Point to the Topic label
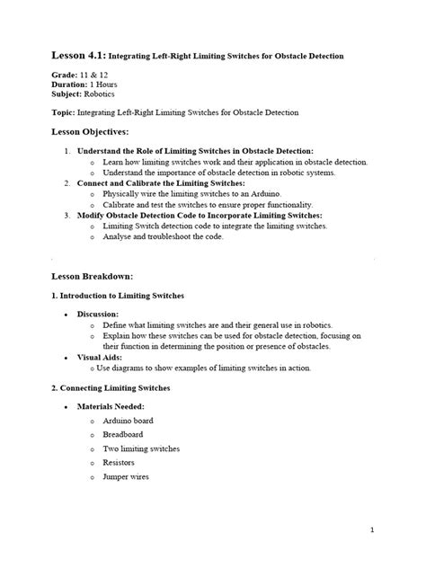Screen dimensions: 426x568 [x=64, y=112]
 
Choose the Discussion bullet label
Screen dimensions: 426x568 [x=101, y=314]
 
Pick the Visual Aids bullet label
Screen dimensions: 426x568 [x=102, y=358]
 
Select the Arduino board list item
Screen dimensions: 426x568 [x=129, y=420]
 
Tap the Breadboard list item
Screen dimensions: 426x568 [x=124, y=434]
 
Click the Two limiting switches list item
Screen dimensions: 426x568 [x=141, y=448]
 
